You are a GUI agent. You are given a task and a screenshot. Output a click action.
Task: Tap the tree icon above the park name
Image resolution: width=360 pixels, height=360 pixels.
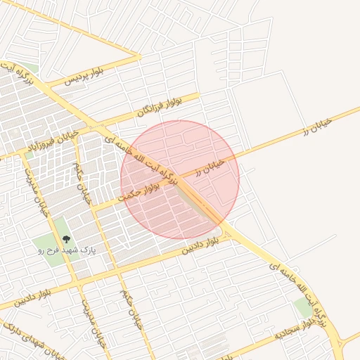[67, 240]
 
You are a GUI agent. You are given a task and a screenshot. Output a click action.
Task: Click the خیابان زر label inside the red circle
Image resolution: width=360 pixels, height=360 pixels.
[210, 166]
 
